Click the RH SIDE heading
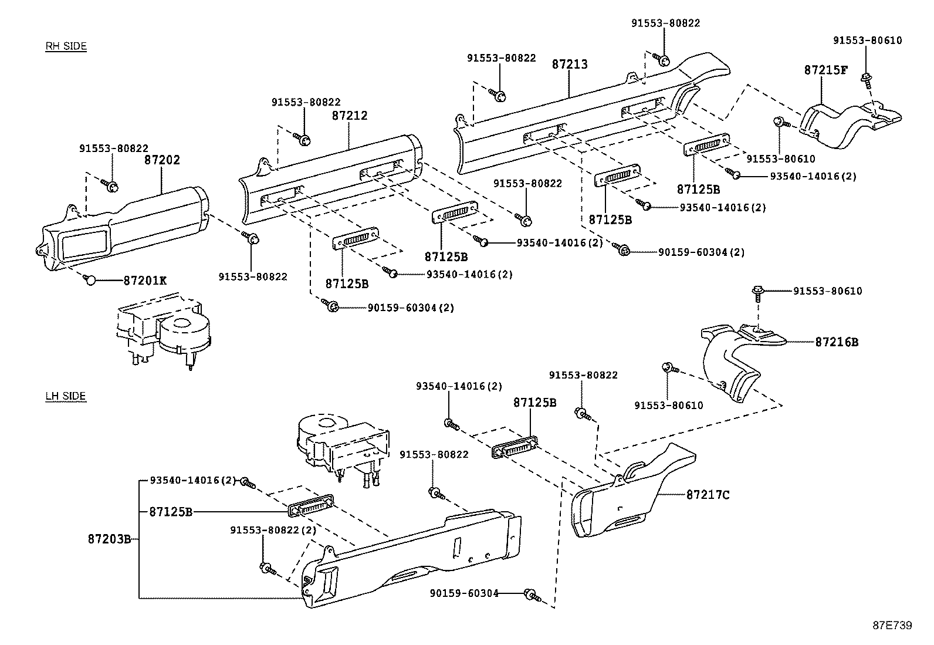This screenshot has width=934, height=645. (66, 46)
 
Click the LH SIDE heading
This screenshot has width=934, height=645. (66, 396)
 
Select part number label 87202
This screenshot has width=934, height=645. (162, 160)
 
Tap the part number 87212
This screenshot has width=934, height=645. (350, 116)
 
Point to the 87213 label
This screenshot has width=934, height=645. (569, 64)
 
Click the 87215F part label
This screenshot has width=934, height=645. (825, 70)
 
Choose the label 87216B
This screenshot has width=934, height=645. (836, 342)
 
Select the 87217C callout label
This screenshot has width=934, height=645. (708, 495)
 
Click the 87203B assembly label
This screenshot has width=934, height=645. (109, 539)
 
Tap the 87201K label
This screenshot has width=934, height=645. (145, 281)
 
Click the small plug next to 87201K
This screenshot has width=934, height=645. (90, 280)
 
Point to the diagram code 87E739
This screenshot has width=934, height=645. (892, 626)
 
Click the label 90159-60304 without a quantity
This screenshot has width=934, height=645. (463, 593)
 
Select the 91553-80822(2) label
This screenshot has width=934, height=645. (273, 530)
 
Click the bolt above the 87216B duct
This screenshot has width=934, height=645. (758, 291)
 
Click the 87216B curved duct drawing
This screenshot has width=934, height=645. (733, 364)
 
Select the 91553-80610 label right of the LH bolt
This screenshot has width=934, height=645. (827, 291)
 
